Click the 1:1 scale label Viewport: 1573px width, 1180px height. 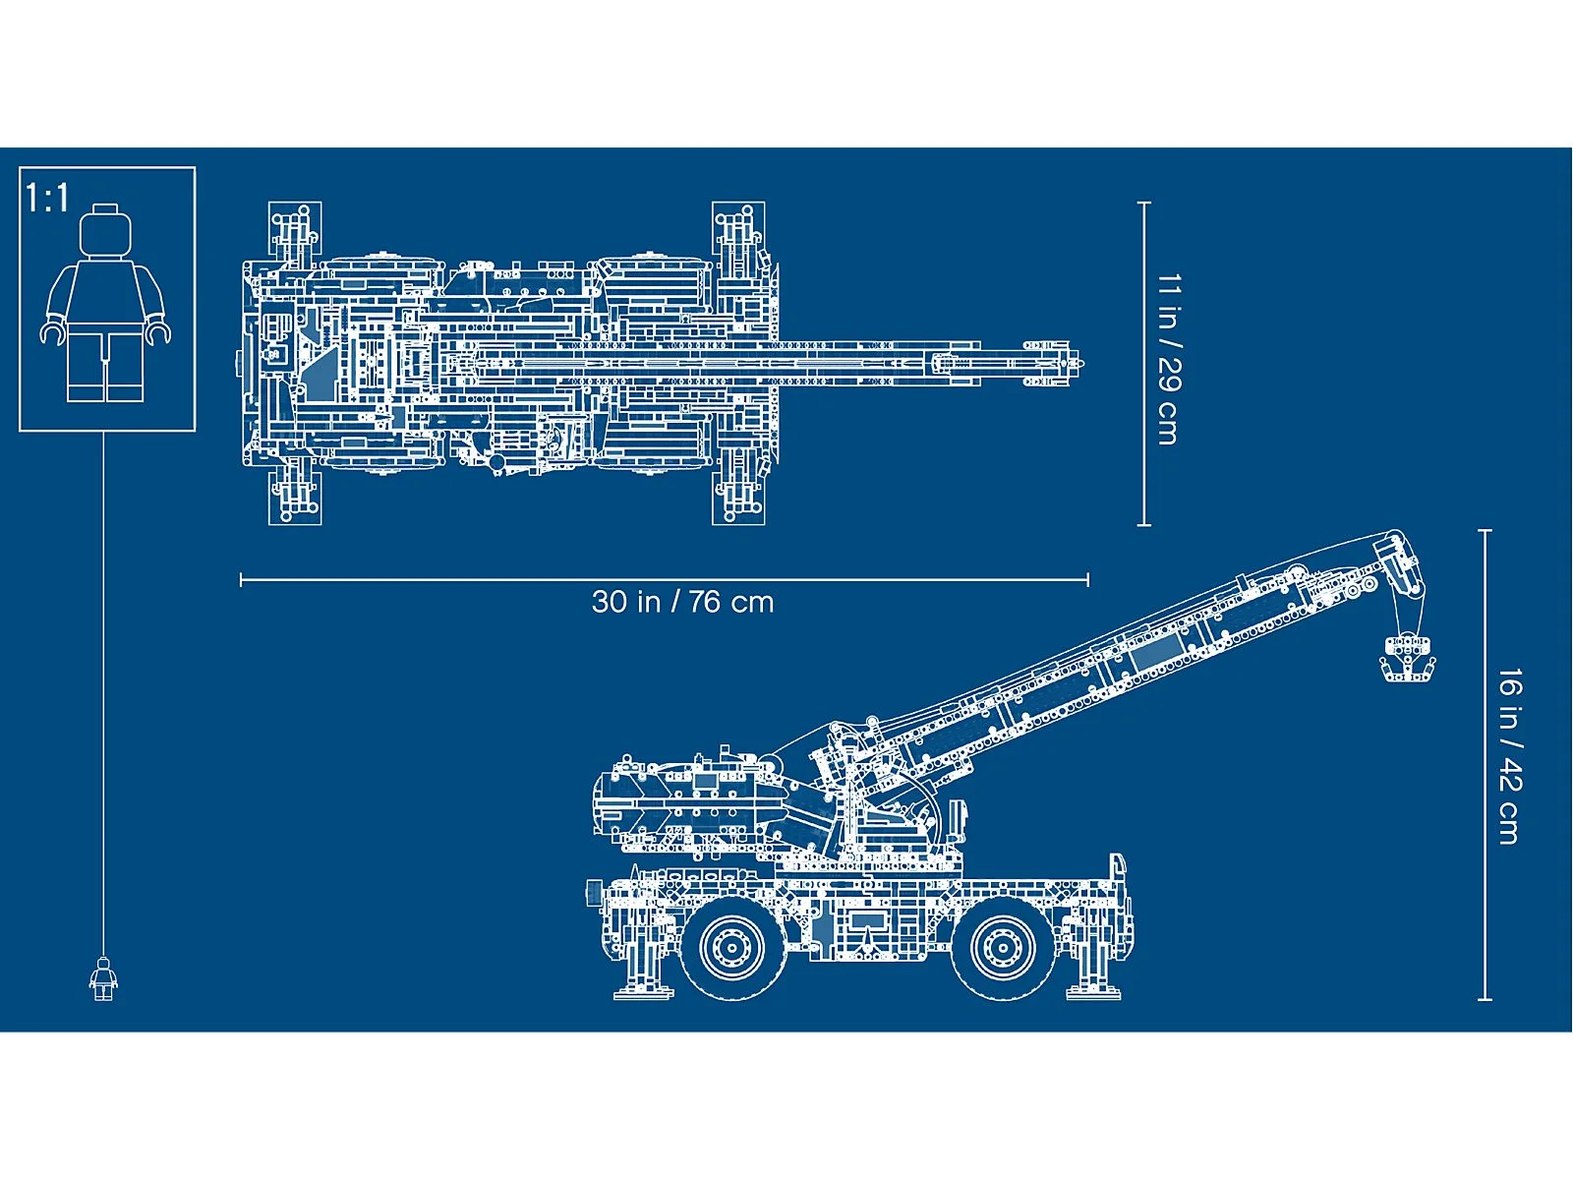(x=47, y=199)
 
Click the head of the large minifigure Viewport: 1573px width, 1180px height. (x=105, y=232)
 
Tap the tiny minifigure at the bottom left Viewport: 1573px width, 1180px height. (x=103, y=978)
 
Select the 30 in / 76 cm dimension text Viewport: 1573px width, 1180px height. (x=682, y=602)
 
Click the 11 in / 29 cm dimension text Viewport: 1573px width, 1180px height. (x=1168, y=360)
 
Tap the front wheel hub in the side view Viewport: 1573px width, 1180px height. (x=1001, y=946)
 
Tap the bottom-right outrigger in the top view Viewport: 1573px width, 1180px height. (x=738, y=492)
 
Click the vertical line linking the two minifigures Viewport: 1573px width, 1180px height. (x=103, y=688)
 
